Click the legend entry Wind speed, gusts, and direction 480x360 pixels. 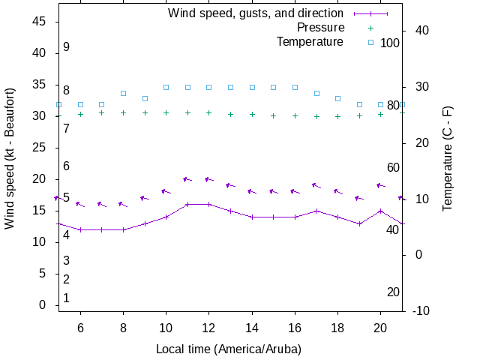[x=255, y=13]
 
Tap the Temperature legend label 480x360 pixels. [x=310, y=42]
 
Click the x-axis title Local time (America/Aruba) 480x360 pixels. [x=229, y=349]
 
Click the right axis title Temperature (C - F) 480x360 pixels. [x=448, y=158]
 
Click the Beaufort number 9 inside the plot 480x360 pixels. [x=66, y=46]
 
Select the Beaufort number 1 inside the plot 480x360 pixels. [x=66, y=298]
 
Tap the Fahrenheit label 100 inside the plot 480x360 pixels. [x=390, y=43]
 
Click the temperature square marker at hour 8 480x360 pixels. [x=123, y=93]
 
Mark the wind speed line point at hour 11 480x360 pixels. [x=187, y=204]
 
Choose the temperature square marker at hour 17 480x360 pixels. [x=316, y=93]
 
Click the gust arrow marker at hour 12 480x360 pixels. [x=209, y=179]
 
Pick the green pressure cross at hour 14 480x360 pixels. [x=252, y=115]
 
